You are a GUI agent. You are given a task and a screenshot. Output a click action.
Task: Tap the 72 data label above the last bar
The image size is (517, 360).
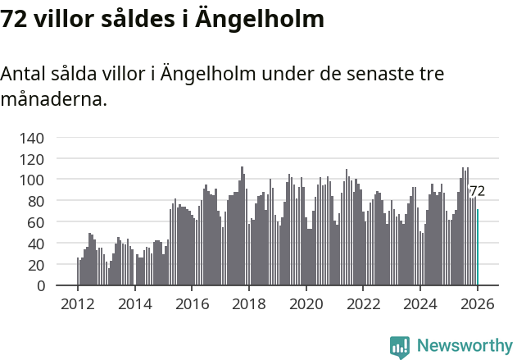(x=477, y=191)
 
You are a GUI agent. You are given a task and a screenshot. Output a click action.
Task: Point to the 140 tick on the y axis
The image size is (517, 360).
(x=32, y=137)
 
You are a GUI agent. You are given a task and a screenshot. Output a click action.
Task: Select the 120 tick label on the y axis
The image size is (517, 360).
(x=32, y=158)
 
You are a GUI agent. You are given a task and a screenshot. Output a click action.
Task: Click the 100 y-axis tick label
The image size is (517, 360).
(x=32, y=180)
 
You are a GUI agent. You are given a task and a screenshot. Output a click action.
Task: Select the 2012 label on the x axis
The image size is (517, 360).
(x=78, y=303)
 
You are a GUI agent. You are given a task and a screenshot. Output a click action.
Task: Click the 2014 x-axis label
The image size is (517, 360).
(x=134, y=303)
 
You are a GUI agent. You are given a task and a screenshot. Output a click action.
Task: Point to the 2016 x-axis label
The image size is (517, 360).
(x=192, y=303)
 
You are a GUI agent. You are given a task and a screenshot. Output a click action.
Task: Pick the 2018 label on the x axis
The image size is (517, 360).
(x=248, y=303)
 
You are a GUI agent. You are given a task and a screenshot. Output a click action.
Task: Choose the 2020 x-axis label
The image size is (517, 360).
(x=306, y=303)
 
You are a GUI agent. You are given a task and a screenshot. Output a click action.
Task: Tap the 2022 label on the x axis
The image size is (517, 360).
(x=363, y=303)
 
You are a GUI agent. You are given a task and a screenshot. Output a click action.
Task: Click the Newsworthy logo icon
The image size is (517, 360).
(x=400, y=346)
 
